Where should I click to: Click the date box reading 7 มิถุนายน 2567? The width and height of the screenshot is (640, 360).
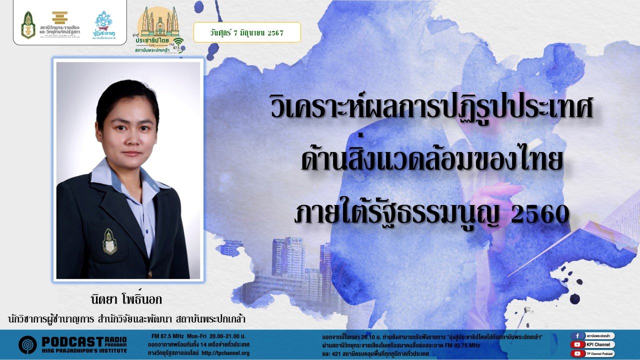click(x=247, y=32)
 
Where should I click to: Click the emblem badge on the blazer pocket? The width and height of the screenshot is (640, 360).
click(x=110, y=241)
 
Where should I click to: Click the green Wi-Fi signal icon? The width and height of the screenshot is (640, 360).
click(x=178, y=41)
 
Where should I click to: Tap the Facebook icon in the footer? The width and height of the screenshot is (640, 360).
click(x=577, y=336)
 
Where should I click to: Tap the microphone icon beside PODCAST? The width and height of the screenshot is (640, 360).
click(x=27, y=344)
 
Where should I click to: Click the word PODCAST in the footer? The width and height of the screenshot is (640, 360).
click(x=72, y=341)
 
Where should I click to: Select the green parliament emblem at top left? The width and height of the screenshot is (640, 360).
click(x=28, y=25)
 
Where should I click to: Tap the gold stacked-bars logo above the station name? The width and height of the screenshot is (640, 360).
click(x=60, y=17)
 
